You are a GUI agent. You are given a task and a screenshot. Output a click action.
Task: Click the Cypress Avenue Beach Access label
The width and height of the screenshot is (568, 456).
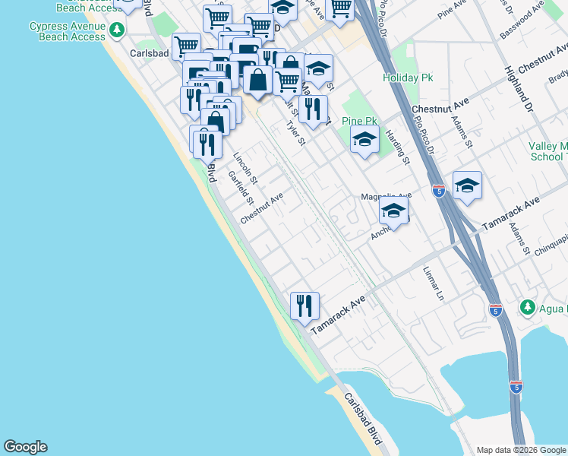click(67, 31)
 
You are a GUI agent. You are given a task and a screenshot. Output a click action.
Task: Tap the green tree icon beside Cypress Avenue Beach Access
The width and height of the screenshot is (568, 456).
click(116, 30)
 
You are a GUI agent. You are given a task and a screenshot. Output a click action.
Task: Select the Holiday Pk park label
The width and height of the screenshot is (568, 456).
click(408, 78)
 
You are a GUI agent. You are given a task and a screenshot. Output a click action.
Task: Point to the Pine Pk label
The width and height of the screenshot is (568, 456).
click(359, 121)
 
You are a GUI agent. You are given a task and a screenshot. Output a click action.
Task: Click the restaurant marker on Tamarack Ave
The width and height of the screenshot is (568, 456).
click(305, 306)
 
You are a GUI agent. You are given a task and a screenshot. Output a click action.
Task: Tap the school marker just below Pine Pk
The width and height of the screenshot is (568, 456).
click(364, 140)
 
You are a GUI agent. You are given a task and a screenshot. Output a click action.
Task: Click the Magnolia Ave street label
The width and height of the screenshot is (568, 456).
click(385, 196)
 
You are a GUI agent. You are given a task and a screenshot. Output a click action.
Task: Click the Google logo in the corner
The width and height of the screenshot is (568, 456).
click(25, 447)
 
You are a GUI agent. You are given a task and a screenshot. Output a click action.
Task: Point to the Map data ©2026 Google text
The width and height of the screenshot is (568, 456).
click(521, 450)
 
